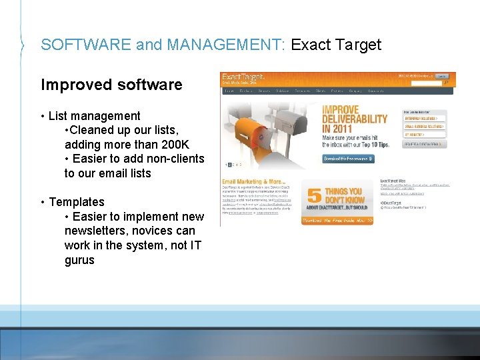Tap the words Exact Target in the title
coord(336,45)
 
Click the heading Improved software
coord(111,85)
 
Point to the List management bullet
coord(94,116)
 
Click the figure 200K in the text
coord(175,144)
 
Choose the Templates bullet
coord(76,201)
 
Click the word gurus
coord(79,259)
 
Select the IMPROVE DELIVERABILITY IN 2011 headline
coord(354,119)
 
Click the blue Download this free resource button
coord(348,159)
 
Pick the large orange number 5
coord(313,197)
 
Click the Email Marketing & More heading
coord(253,181)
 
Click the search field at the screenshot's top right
coord(426,83)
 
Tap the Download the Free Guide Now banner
coord(337,220)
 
